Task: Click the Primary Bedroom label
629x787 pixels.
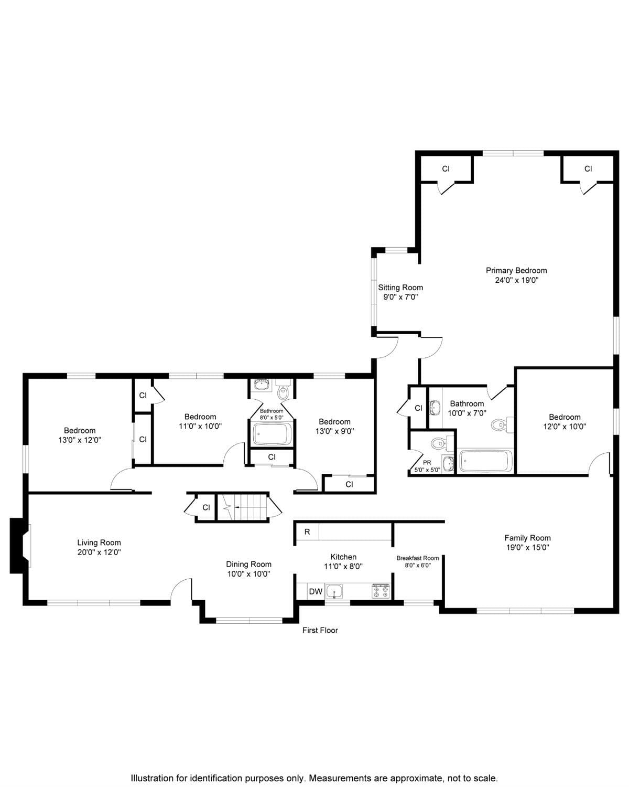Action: tap(516, 271)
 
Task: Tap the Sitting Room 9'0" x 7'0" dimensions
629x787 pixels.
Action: tap(400, 297)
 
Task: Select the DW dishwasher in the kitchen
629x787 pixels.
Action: tap(316, 591)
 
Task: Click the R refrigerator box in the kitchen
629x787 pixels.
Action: tap(307, 531)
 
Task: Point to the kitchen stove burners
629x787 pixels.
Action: tap(381, 591)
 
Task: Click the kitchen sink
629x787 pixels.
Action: tap(334, 592)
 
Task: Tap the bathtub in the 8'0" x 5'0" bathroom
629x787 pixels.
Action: tap(272, 434)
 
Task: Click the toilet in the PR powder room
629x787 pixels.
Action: tap(438, 444)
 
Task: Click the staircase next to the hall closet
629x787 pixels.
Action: tap(242, 507)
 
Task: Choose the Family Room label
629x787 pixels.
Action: tap(527, 538)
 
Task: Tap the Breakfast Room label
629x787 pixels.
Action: tap(417, 558)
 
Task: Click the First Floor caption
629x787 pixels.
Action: tap(320, 630)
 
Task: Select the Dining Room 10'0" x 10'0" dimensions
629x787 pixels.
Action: tap(248, 574)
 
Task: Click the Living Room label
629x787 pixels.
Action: tap(99, 543)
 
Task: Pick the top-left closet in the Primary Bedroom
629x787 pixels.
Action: tap(446, 169)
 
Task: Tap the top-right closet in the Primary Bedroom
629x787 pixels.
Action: tap(588, 169)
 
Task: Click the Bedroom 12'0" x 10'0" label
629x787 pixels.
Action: tap(565, 417)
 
